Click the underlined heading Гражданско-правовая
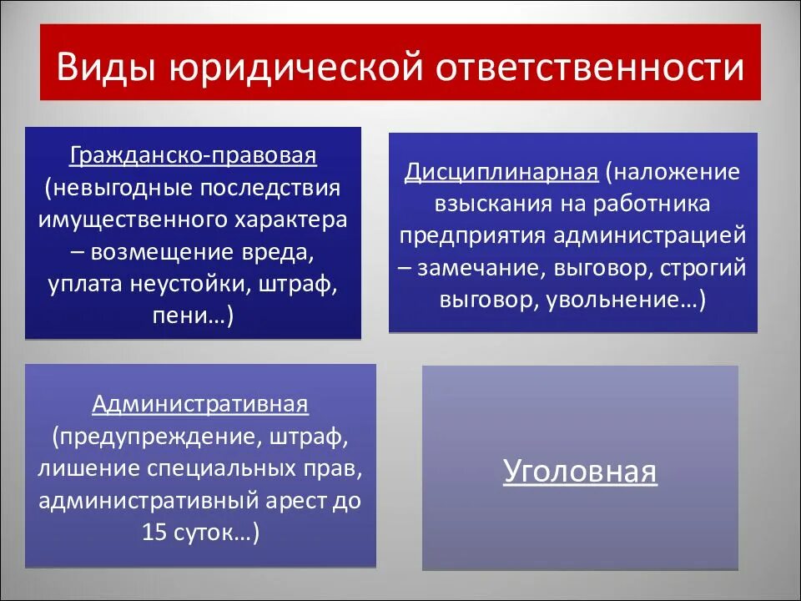coord(194,156)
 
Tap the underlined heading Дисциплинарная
coord(501,172)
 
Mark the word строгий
coord(705,268)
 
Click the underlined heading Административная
coord(200,405)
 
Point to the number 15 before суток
coord(155,532)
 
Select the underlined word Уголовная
coord(580,472)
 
